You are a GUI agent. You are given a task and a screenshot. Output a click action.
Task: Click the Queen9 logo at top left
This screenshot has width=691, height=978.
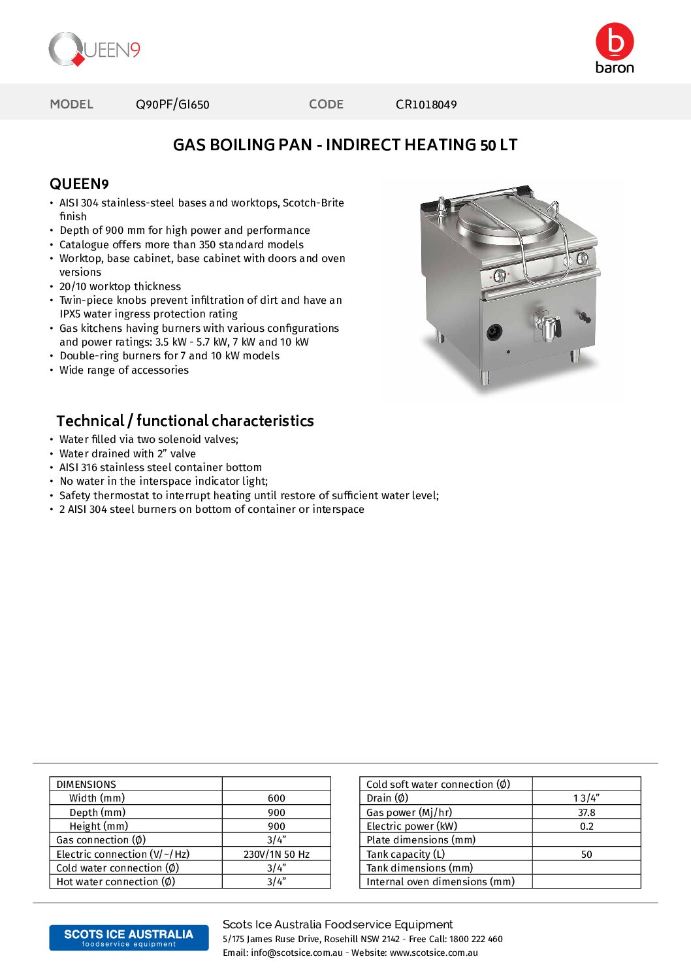pos(95,50)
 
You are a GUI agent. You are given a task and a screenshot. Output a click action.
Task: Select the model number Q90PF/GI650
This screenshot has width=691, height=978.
pos(172,105)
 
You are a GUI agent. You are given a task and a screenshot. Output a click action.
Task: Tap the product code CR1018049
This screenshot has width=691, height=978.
pos(426,105)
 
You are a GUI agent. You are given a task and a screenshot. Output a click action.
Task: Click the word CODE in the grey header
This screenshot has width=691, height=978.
pos(326,105)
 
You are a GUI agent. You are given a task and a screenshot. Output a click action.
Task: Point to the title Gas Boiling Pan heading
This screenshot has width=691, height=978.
pos(345,145)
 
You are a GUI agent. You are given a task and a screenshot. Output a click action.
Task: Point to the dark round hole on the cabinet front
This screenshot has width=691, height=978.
pos(494,333)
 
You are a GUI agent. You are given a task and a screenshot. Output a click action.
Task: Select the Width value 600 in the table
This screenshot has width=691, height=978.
pos(276,798)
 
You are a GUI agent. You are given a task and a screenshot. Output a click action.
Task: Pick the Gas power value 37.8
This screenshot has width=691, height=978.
pos(587,813)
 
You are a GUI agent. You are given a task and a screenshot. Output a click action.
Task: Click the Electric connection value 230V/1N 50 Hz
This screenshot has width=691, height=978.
pos(276,855)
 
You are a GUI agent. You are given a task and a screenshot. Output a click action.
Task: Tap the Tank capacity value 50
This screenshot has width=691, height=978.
pos(587,855)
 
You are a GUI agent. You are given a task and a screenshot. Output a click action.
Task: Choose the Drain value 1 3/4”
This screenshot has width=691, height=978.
pos(587,798)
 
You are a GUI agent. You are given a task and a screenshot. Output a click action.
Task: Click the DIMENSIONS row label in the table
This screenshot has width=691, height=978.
pos(86,785)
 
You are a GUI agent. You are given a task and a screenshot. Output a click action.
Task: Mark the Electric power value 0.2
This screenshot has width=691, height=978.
pos(587,826)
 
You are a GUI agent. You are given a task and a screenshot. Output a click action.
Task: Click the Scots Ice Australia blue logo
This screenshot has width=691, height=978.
pos(129,937)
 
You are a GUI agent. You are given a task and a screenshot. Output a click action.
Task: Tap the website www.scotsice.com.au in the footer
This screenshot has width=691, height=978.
pos(434,953)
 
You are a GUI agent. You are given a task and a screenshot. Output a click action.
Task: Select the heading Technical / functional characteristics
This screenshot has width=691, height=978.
pos(185,421)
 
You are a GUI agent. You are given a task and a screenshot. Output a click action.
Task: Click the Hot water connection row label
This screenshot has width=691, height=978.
pos(116,882)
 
